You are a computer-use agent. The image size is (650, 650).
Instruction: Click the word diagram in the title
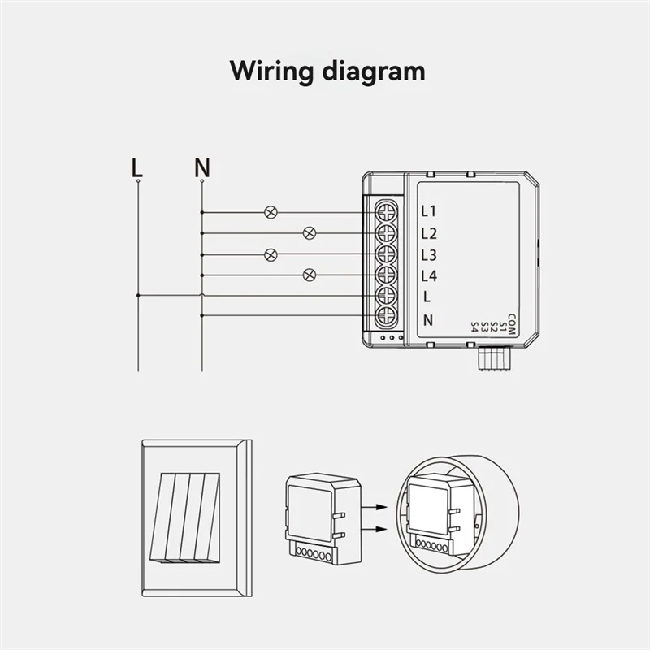click(375, 71)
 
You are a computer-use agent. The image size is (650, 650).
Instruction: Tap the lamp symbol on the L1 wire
click(271, 213)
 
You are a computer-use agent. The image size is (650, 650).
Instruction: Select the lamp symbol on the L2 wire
click(309, 233)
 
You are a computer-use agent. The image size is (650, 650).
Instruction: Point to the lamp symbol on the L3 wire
click(271, 254)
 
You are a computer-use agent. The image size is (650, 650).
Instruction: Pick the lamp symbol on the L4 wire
click(309, 275)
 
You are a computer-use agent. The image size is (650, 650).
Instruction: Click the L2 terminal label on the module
click(429, 234)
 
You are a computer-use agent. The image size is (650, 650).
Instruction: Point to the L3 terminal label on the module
click(429, 255)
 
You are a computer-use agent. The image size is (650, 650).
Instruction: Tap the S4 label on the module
click(475, 327)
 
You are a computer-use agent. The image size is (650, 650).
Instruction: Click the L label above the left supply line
click(137, 167)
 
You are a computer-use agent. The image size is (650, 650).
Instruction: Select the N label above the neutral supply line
click(202, 167)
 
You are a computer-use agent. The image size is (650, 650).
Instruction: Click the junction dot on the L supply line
click(138, 296)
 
